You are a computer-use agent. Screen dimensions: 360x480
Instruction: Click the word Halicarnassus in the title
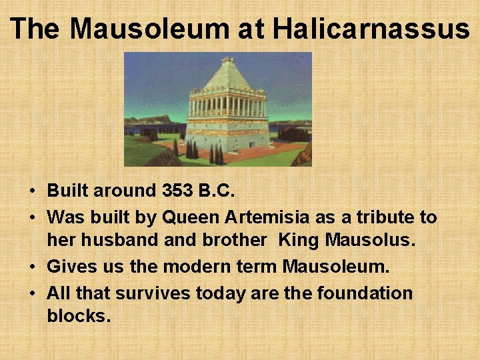pos(371,29)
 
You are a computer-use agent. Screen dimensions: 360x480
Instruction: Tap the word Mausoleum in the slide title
pos(153,29)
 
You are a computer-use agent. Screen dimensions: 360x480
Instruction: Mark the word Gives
pos(71,267)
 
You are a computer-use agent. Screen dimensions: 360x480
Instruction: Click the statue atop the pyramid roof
pos(228,61)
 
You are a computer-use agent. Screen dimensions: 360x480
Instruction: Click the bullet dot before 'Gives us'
pos(33,267)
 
